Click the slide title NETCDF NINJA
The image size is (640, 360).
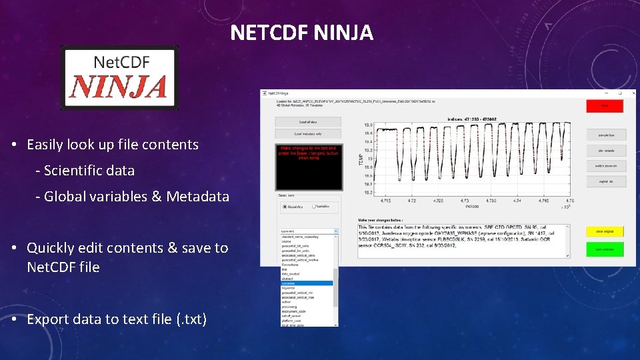301,32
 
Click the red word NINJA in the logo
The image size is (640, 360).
119,87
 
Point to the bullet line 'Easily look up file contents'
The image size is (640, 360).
113,145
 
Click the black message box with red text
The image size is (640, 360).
308,167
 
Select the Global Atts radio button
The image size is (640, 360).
286,207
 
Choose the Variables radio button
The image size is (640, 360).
312,207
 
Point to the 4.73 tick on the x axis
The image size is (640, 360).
465,199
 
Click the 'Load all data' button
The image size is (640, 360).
308,122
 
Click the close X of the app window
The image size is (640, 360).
630,94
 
